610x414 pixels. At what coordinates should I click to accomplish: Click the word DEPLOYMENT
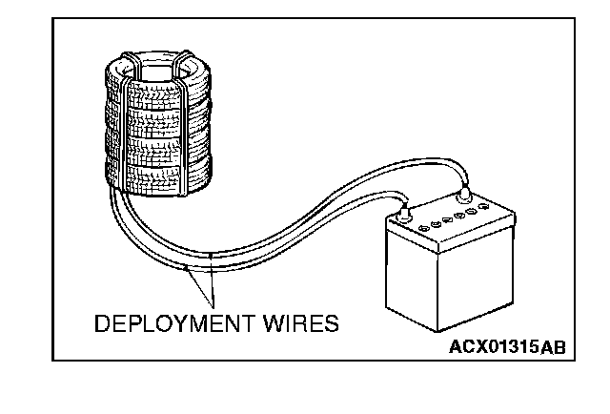click(x=173, y=324)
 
